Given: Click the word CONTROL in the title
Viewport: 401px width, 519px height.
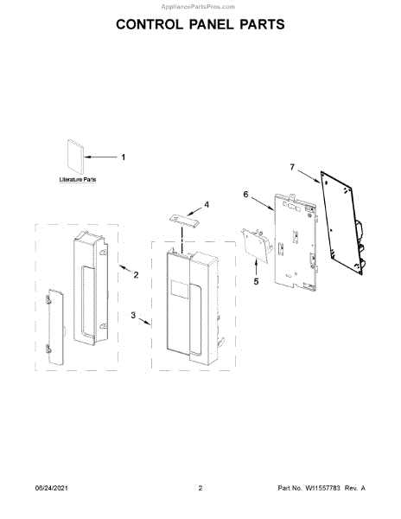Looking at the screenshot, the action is pos(150,24).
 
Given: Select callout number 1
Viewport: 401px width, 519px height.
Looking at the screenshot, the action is pos(124,157).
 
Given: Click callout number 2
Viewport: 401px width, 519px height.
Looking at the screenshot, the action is pos(136,275).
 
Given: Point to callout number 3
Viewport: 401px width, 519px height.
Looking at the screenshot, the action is pos(133,315).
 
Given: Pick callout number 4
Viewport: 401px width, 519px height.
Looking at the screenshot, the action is pos(207,205).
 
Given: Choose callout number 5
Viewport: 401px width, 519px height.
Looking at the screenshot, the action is pos(256,281).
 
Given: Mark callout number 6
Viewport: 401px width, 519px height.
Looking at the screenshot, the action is pos(245,195).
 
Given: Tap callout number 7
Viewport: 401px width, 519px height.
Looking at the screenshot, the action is pos(292,167).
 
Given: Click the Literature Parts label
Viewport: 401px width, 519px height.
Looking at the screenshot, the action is pos(78,180).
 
